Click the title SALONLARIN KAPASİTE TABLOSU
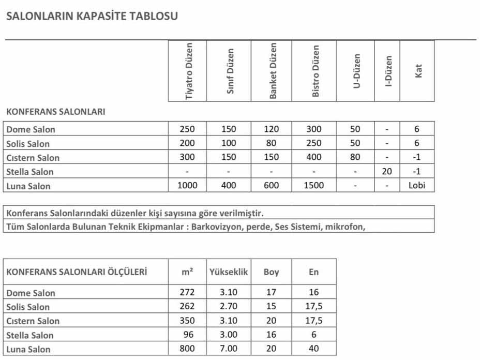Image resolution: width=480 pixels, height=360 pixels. coord(92,16)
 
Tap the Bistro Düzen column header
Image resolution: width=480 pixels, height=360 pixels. coord(316,71)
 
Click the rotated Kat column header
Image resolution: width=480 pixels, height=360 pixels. coord(418,71)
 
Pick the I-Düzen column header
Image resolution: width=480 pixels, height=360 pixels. coord(388,71)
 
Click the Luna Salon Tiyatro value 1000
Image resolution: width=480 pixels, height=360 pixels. coord(187,185)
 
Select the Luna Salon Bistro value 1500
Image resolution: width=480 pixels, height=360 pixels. coord(313,185)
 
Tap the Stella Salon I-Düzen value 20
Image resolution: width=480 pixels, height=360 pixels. coord(387,171)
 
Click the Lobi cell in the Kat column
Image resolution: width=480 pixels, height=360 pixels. coord(416,185)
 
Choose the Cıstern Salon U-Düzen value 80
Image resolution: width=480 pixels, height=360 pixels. coord(355,157)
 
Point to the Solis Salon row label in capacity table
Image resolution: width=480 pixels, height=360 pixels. coord(28,144)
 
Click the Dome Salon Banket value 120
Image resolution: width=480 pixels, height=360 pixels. coord(271,129)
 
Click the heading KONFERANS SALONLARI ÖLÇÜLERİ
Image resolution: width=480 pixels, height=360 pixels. coord(77,272)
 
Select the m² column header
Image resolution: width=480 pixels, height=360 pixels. coord(188,272)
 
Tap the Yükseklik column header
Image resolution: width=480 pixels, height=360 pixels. coord(229,272)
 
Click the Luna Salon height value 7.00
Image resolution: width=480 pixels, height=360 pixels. coord(229,349)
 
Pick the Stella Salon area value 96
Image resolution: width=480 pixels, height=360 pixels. coord(188,335)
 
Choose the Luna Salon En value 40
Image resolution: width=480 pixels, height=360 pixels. coord(313,349)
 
